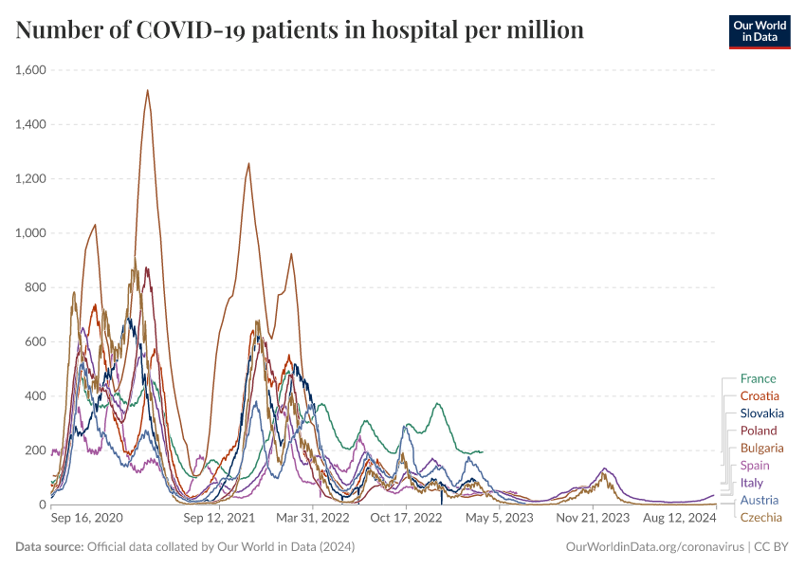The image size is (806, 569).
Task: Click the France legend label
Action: click(x=758, y=378)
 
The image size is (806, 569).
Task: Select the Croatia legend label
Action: click(x=760, y=395)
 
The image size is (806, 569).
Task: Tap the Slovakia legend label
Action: click(x=762, y=413)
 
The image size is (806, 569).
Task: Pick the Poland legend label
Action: click(x=759, y=431)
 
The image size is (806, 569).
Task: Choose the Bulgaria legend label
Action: click(x=761, y=448)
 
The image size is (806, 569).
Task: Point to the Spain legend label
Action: click(x=755, y=466)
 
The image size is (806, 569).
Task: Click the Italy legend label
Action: click(x=751, y=483)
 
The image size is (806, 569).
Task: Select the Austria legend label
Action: click(x=760, y=500)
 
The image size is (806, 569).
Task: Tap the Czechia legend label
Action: click(x=761, y=518)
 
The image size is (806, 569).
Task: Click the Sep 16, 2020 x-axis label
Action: click(x=85, y=519)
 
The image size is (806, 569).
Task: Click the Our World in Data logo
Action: click(x=760, y=31)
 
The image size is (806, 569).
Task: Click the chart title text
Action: click(x=300, y=30)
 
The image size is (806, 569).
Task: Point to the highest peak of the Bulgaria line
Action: click(x=147, y=91)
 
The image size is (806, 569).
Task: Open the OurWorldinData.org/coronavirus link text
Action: click(x=654, y=547)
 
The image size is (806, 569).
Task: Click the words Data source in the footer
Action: click(x=49, y=547)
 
